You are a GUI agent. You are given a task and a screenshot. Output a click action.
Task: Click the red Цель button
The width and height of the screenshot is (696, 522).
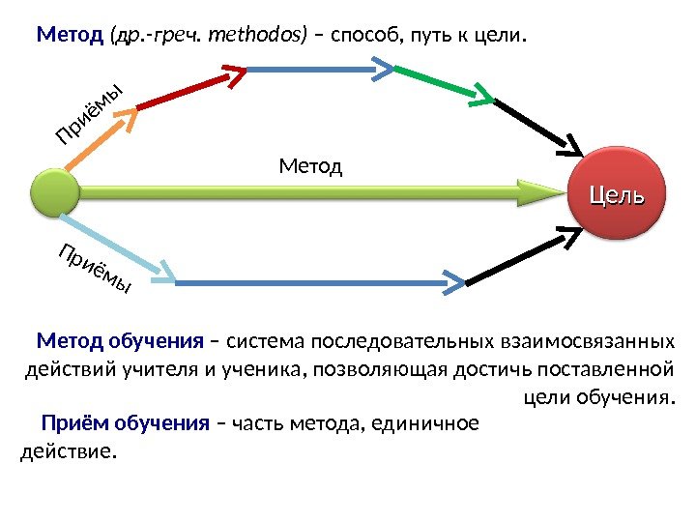pyautogui.click(x=616, y=194)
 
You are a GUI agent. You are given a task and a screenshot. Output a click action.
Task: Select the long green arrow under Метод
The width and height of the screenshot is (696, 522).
pyautogui.click(x=309, y=191)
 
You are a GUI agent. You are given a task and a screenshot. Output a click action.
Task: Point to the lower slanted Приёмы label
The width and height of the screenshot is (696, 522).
pyautogui.click(x=94, y=271)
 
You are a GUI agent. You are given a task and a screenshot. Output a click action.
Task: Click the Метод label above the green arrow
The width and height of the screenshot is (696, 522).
pyautogui.click(x=310, y=167)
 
